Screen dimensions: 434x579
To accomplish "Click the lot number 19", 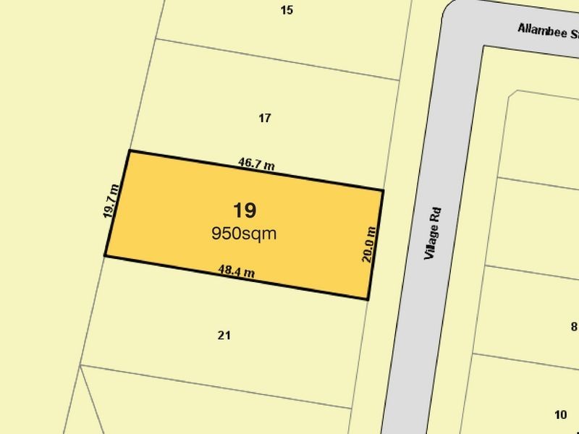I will coord(244,210).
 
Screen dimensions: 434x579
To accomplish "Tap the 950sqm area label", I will coord(244,233).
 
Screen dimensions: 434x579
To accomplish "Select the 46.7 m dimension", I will coord(256,164).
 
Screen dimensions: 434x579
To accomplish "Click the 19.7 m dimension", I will coord(110,201).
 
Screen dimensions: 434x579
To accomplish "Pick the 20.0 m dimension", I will coord(368,245).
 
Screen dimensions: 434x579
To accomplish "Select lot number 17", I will coord(265,118).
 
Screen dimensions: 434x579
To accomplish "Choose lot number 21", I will coord(224,335).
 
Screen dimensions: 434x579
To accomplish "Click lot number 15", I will coord(287,10).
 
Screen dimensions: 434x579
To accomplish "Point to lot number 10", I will coord(560,414).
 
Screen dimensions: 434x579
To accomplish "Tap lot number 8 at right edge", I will coord(574,326).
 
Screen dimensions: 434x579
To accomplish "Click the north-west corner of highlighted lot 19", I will coord(129,150).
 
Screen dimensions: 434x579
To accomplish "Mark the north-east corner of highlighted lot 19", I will coord(383,190).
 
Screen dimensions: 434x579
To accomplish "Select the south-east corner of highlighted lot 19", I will coord(368,299).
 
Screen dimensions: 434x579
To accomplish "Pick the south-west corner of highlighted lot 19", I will coord(105,255).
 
